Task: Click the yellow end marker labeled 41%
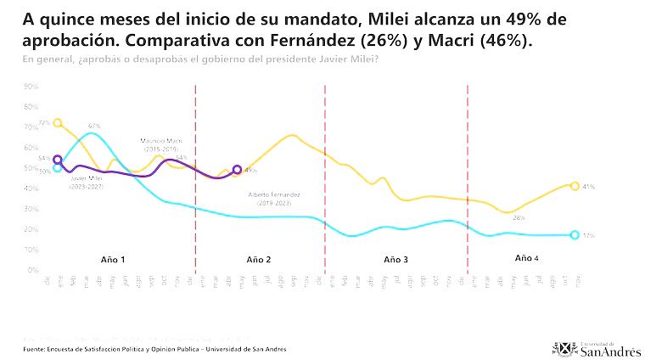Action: pos(575,186)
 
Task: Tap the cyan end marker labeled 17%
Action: pos(575,235)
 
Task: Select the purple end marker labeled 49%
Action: pos(237,170)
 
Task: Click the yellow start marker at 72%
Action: pos(58,123)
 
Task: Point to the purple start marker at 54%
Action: pos(58,159)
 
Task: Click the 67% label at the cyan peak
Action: pos(94,127)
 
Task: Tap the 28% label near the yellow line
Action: pos(519,218)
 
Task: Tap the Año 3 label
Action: pos(395,258)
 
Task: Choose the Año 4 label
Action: pos(526,257)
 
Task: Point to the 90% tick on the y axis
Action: pos(32,87)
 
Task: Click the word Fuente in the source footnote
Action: pos(36,349)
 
